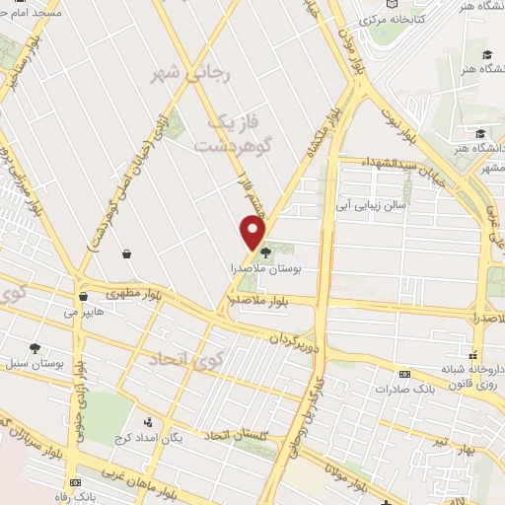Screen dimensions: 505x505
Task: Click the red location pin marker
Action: [254, 233]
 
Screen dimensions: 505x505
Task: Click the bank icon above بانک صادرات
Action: [404, 374]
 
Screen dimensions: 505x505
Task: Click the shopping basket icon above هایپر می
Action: [84, 295]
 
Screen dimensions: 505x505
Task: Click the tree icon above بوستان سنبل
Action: [35, 348]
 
